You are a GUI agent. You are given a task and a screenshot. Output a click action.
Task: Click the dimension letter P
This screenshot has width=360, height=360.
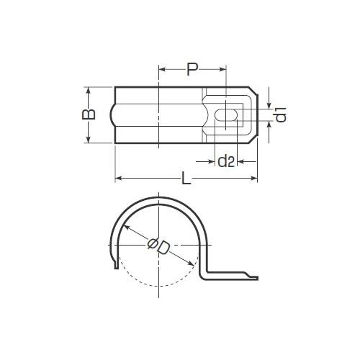192,69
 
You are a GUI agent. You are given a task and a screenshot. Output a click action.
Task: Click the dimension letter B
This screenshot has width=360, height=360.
89,114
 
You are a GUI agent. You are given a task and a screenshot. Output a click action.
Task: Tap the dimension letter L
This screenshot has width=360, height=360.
186,178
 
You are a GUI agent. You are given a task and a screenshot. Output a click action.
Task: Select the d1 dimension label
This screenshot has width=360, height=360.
281,114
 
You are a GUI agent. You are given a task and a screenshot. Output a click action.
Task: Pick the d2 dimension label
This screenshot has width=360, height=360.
226,161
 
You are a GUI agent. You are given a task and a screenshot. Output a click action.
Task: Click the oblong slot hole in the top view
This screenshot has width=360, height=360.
226,115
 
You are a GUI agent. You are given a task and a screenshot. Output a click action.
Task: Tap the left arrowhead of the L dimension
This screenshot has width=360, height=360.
119,178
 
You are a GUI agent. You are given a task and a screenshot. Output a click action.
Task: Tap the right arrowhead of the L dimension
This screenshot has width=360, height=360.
253,178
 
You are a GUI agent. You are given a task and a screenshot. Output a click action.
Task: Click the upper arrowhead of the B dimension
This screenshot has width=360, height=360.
89,91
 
